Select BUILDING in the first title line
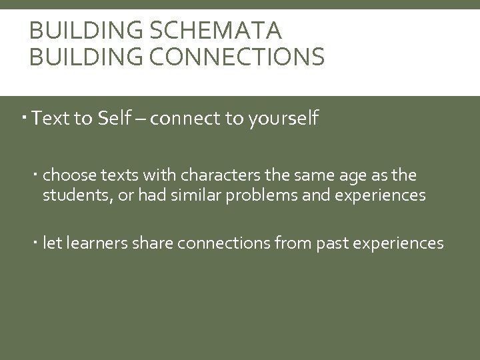[75, 31]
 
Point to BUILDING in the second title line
[75, 58]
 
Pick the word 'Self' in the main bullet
[115, 119]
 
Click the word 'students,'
[74, 195]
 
